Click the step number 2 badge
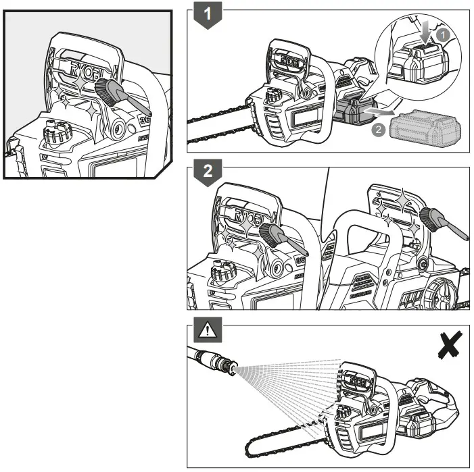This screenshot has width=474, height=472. pos(209,174)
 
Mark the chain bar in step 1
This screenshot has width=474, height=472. pos(216,125)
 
